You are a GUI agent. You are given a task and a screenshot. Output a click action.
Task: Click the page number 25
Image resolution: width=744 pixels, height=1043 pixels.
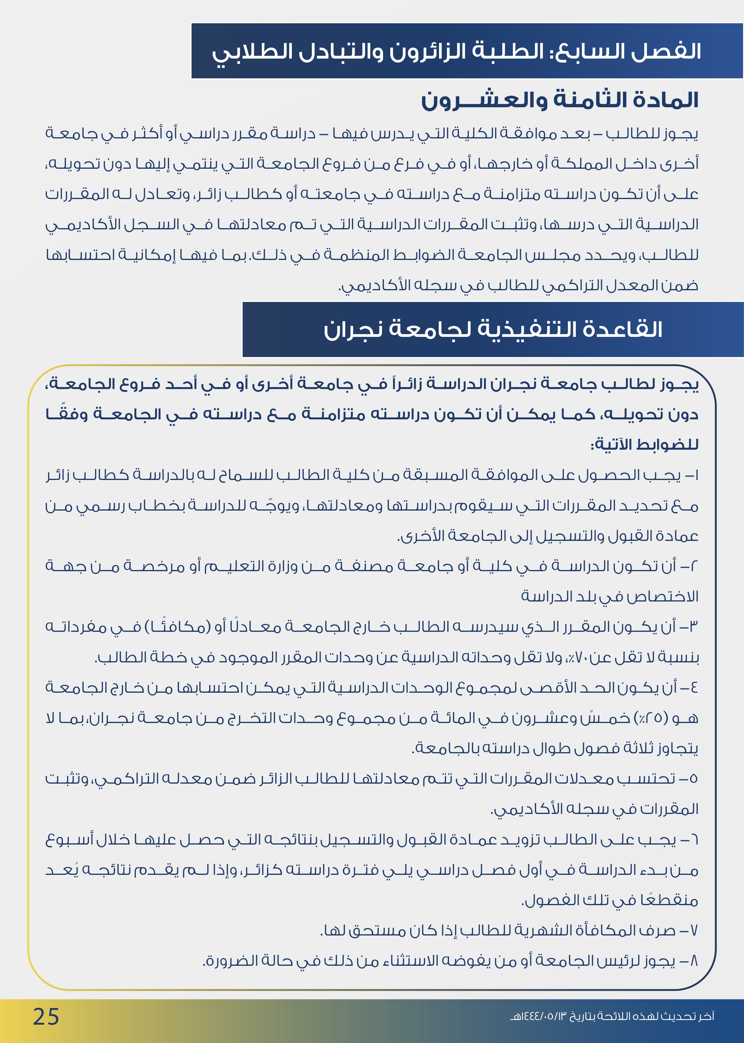46,1017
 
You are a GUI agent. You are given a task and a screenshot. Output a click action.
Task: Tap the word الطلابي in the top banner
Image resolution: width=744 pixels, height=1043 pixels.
245,51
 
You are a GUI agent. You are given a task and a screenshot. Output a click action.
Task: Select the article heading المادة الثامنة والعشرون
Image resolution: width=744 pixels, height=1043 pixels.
559,100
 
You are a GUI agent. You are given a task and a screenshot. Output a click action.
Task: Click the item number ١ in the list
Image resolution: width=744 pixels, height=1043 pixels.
696,475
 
